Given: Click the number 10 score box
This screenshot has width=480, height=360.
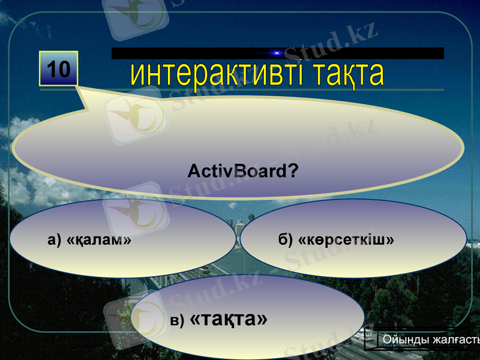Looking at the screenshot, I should click(59, 69).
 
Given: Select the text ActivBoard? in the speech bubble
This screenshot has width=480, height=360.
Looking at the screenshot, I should click(243, 172).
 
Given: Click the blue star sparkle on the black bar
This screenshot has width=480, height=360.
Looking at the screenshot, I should click(277, 53).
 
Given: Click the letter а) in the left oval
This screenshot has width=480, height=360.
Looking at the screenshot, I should click(55, 240).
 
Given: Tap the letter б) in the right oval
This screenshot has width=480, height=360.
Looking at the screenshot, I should click(285, 240).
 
